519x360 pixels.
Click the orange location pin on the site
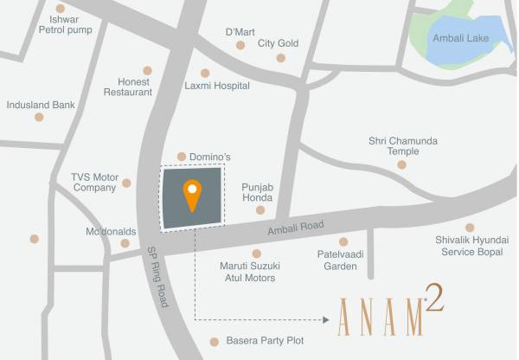click(x=191, y=193)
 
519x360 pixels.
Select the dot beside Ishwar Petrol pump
click(x=61, y=8)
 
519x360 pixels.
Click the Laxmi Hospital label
click(x=217, y=86)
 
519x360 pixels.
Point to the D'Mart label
click(x=240, y=32)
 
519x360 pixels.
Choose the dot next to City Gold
click(x=280, y=58)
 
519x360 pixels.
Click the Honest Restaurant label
click(x=128, y=86)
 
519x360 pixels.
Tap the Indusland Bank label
click(x=41, y=105)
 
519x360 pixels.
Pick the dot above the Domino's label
click(x=181, y=157)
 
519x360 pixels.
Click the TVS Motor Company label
click(x=94, y=183)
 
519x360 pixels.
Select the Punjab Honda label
click(x=257, y=192)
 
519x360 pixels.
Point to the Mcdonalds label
click(x=112, y=232)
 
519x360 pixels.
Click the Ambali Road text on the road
click(x=296, y=227)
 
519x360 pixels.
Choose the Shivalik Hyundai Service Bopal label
click(x=470, y=246)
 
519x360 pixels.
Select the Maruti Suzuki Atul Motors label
click(x=248, y=272)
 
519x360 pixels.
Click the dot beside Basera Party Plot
click(x=214, y=341)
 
